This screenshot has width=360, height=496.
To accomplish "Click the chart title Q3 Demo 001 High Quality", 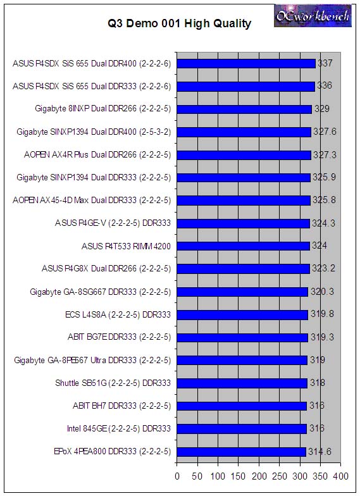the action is (180, 24).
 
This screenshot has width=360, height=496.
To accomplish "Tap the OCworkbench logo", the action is (313, 16).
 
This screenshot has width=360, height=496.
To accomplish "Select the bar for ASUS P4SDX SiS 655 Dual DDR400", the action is (246, 63).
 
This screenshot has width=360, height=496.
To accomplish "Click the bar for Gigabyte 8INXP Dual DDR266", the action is (244, 109).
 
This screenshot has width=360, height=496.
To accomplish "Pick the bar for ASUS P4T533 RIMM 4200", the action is (243, 246).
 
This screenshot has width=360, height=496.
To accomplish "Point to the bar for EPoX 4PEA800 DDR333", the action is (242, 452).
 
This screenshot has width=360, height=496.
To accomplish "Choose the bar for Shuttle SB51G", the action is (242, 383).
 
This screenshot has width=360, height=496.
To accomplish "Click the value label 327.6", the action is (325, 132).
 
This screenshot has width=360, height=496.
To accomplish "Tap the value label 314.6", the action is (320, 452).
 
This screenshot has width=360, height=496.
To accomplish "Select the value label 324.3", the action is (324, 223).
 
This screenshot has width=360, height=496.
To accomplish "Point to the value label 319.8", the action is (322, 314).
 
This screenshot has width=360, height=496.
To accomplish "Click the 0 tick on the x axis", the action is (177, 476).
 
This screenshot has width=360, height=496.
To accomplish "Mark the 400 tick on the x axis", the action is (340, 476).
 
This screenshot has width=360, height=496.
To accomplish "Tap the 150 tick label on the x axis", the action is (238, 476).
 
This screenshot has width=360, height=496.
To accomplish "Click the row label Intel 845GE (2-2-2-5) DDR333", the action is (119, 429).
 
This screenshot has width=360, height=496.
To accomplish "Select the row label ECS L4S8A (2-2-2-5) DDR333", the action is (118, 315).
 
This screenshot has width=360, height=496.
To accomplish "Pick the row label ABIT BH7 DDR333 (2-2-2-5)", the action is (121, 406).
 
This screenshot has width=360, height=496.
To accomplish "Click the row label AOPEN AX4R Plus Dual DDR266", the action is (97, 154).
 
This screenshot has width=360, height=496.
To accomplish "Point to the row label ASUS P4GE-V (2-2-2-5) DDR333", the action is (113, 223).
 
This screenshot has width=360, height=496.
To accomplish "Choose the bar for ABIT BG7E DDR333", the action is (242, 338).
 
